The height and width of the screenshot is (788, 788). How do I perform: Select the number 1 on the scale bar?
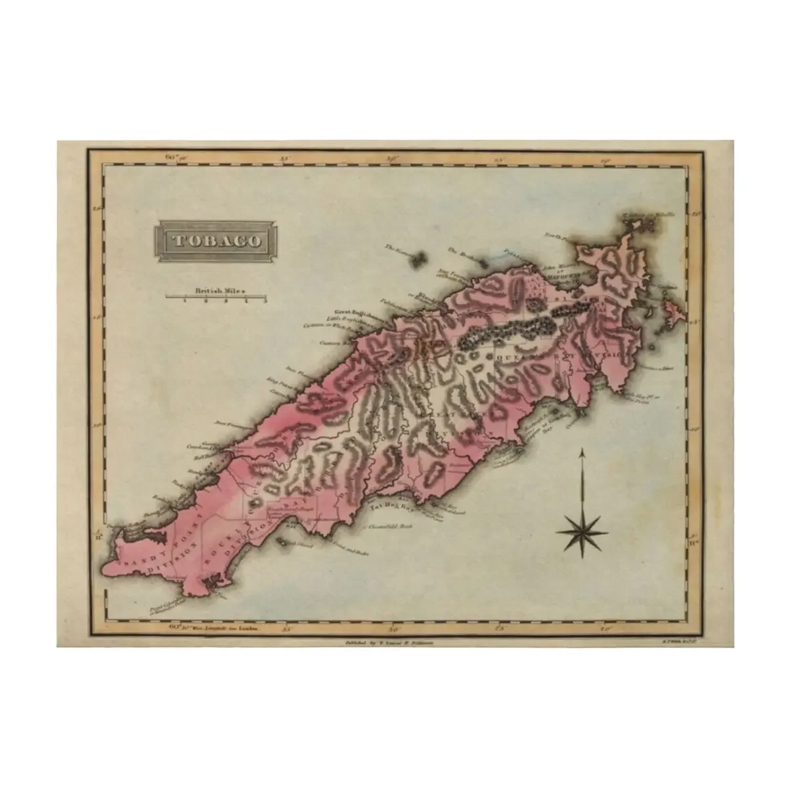[x=185, y=301]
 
